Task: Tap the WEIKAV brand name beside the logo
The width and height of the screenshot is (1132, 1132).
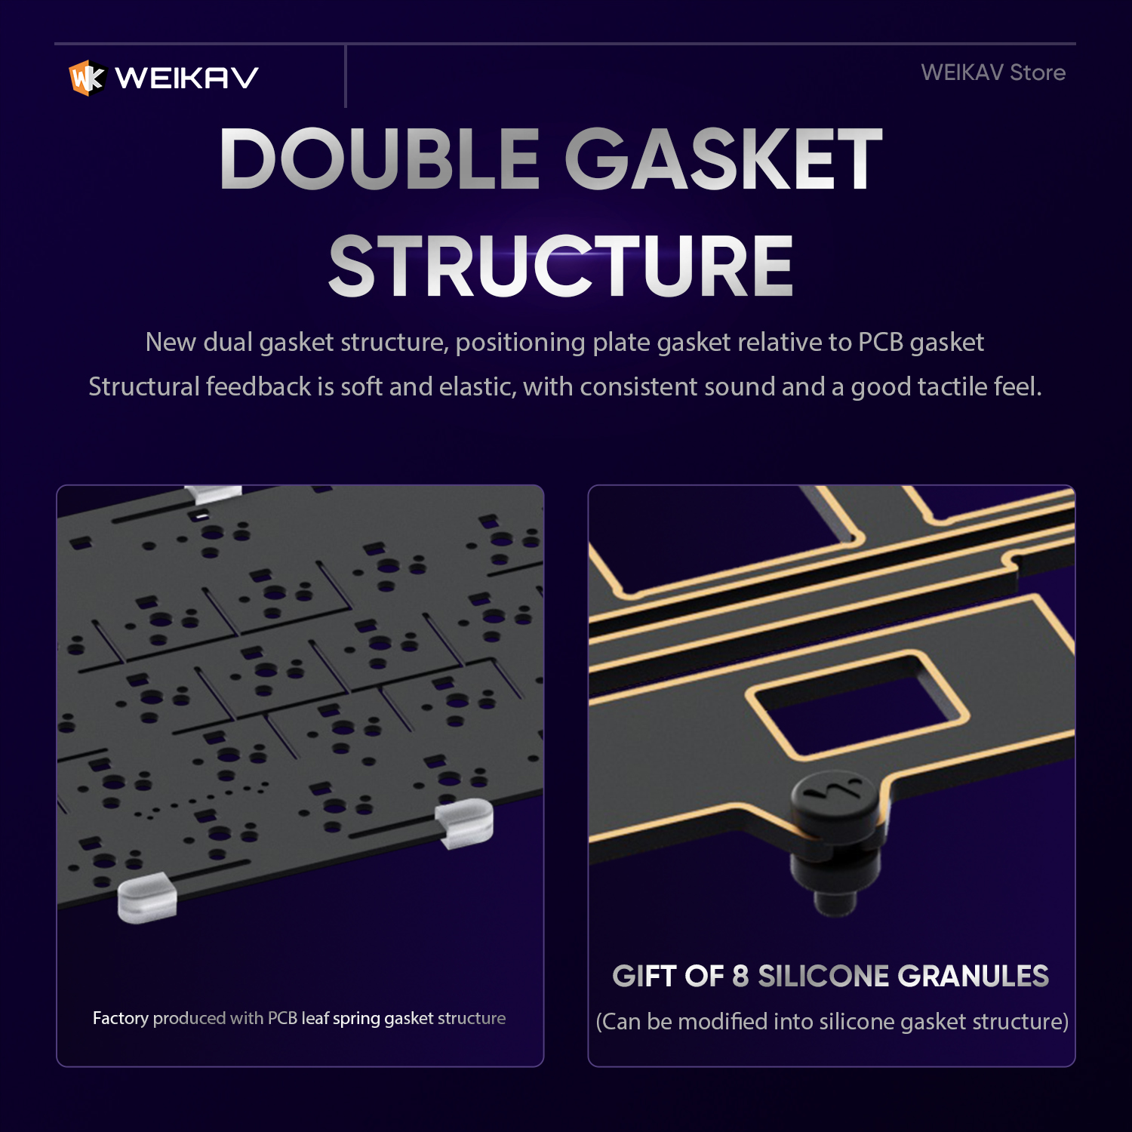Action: tap(187, 78)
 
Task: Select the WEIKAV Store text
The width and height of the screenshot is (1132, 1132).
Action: tap(993, 72)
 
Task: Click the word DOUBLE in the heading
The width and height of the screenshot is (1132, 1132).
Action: tap(380, 158)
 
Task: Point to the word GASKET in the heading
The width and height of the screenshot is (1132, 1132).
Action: tap(724, 158)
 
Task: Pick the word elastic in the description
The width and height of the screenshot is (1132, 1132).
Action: tap(478, 386)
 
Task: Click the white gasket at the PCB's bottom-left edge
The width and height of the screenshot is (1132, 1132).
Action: tap(147, 897)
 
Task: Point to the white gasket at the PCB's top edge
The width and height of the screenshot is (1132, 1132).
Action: tap(214, 495)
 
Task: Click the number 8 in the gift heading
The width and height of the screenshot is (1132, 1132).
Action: tap(740, 976)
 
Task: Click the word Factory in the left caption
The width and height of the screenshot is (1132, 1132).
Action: tap(121, 1018)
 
